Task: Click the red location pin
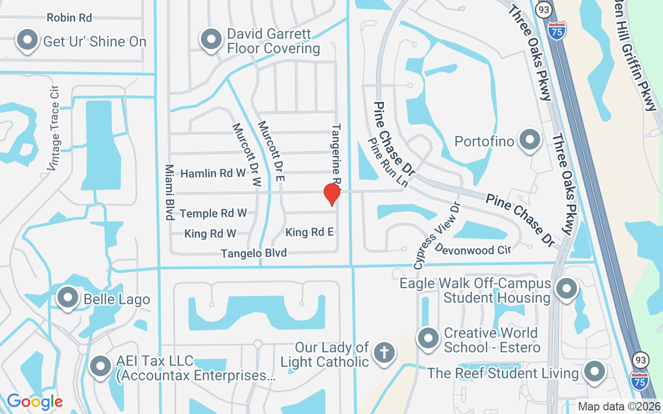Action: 331,195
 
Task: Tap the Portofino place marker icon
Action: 530,140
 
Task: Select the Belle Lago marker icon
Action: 67,298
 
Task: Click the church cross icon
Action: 384,352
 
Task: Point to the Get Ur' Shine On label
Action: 95,41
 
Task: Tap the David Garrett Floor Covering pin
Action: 211,39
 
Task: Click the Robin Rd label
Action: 69,18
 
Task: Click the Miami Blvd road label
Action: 169,192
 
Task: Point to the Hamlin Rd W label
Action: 213,173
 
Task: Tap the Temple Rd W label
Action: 213,213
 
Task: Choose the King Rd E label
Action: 310,232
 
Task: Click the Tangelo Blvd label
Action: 254,253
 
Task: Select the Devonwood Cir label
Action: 473,249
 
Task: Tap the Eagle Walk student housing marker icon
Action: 566,288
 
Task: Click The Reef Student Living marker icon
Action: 594,371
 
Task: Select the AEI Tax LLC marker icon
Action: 100,366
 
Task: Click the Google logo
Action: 35,401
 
